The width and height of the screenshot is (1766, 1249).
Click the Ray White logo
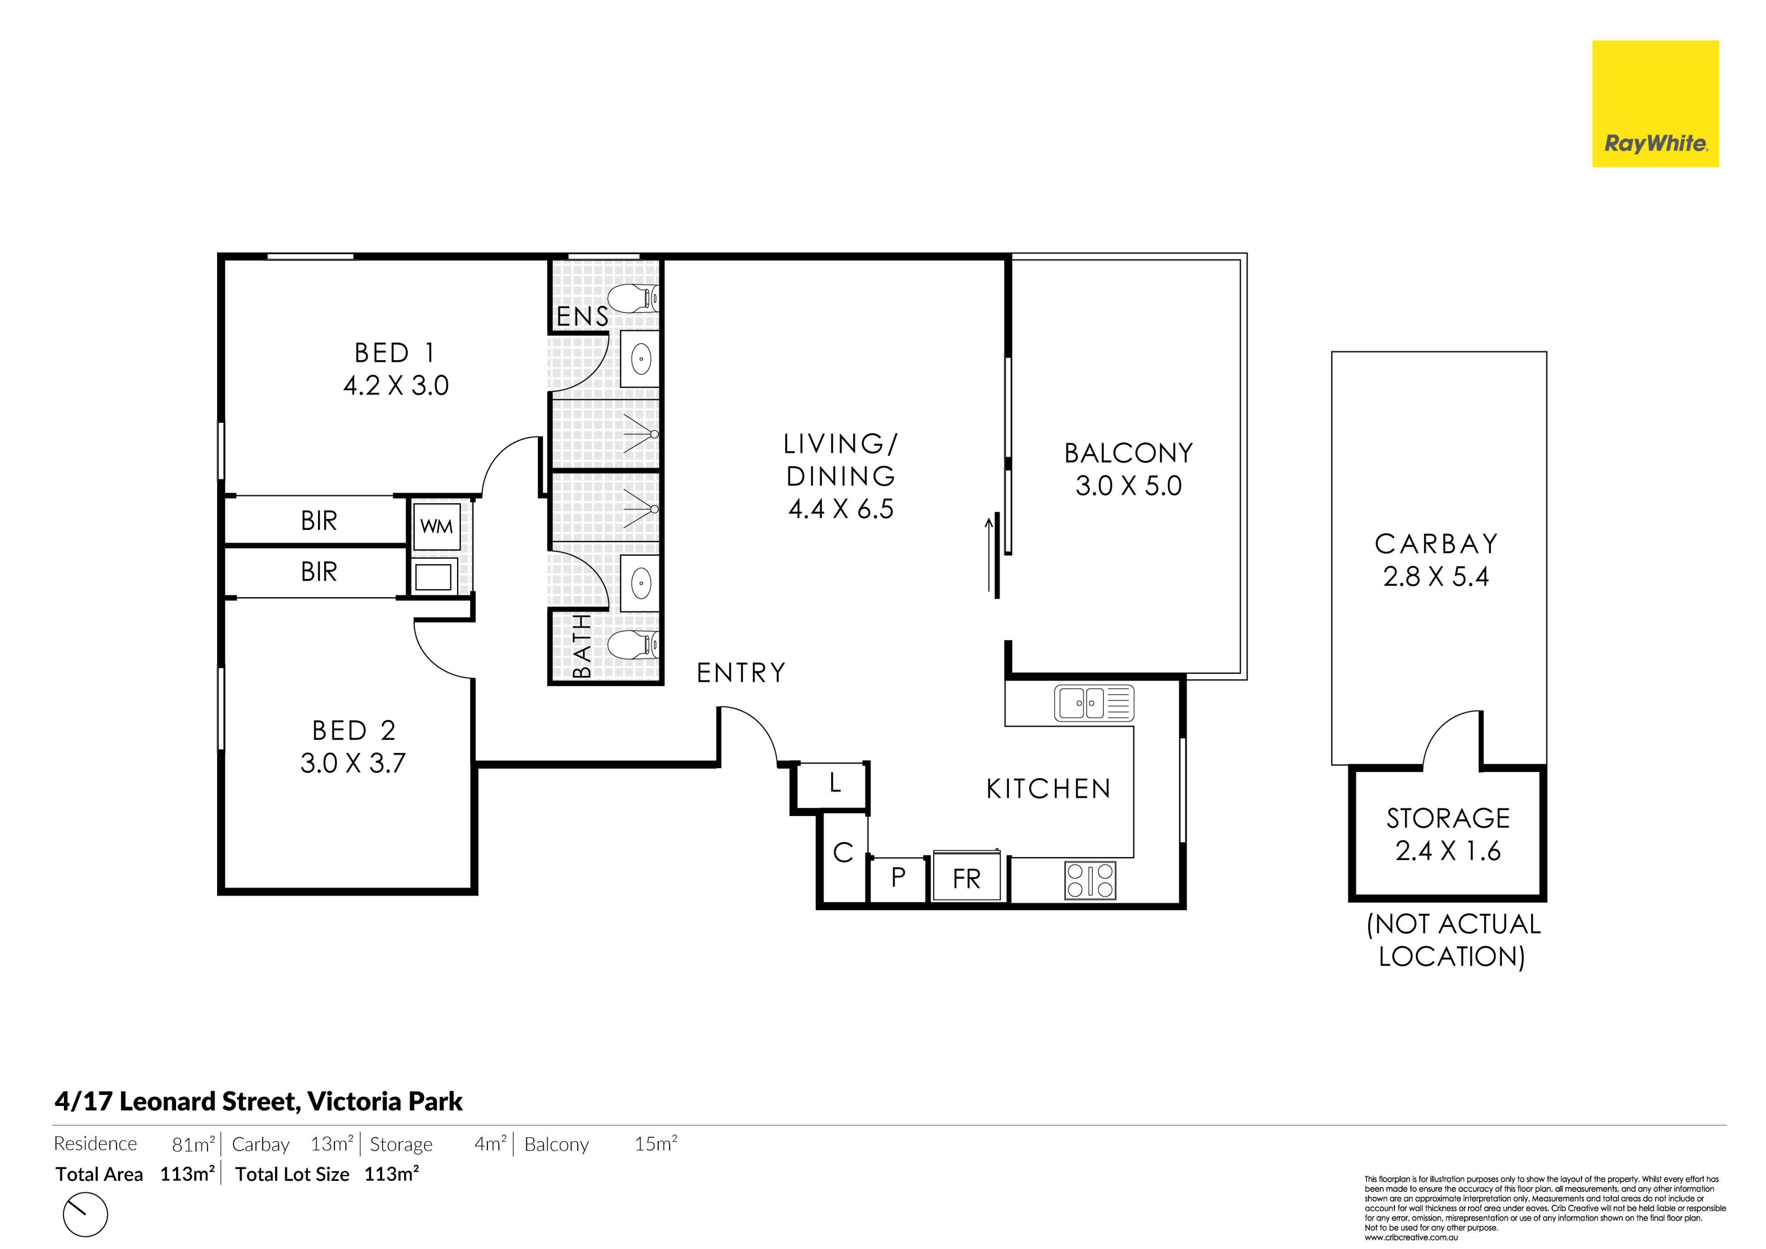(x=1655, y=104)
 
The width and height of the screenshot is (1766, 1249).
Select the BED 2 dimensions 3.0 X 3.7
(x=353, y=763)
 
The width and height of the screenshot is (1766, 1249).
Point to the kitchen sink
(x=1094, y=702)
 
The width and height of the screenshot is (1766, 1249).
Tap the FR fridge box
(x=967, y=877)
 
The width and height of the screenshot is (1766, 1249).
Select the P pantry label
(x=898, y=876)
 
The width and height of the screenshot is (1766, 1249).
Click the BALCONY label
(x=1129, y=453)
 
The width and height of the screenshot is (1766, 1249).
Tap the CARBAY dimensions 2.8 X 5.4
(x=1436, y=576)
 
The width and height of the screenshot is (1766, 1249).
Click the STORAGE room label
(x=1448, y=818)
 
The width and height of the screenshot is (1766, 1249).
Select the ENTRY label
(x=741, y=673)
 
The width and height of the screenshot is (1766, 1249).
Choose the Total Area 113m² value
(x=187, y=1174)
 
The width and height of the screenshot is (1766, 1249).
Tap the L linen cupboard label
(x=835, y=783)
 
